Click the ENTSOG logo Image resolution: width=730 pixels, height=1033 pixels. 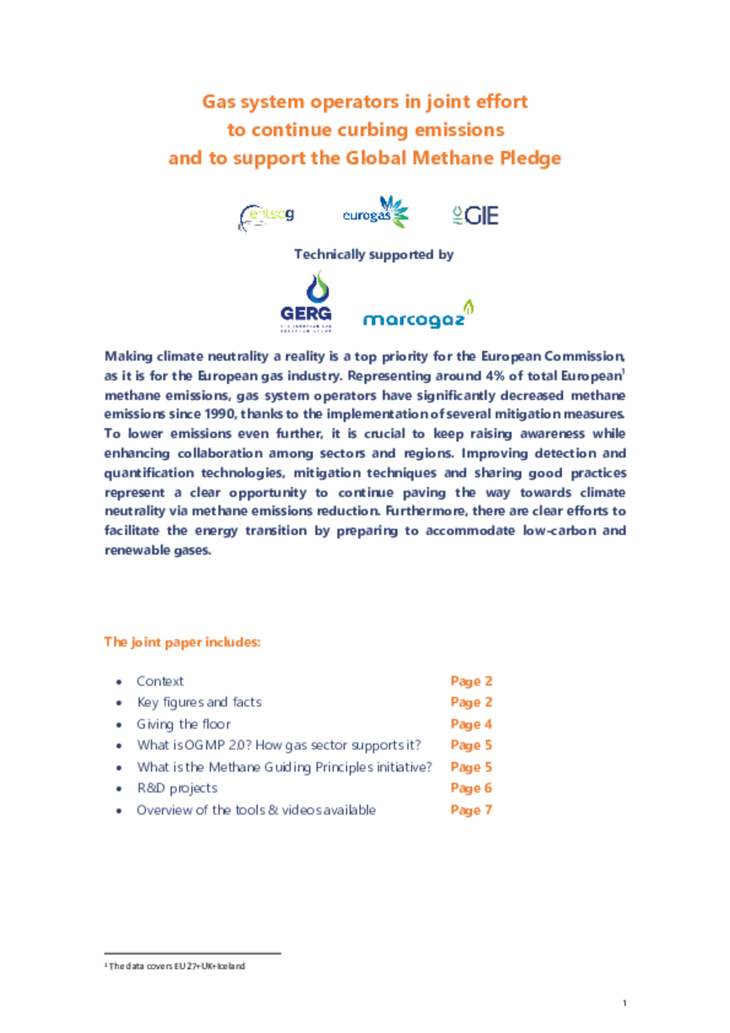266,217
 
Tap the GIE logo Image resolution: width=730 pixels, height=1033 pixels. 475,215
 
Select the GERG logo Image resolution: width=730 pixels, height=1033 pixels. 306,302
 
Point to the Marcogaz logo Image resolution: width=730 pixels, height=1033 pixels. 418,315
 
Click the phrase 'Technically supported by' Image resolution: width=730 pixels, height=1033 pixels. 374,254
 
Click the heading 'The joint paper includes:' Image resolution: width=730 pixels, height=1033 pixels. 182,642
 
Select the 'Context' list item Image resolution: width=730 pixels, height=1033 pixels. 160,681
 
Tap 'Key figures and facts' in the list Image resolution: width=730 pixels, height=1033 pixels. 199,702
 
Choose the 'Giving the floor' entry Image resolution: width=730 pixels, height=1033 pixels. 184,724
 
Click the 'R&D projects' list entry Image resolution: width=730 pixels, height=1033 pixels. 177,788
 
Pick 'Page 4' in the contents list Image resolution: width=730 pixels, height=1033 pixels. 471,724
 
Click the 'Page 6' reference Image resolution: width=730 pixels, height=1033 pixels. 471,788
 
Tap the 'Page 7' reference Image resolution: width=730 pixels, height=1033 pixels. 471,810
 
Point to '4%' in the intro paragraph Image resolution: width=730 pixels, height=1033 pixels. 494,376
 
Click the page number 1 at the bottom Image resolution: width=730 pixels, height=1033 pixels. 624,1003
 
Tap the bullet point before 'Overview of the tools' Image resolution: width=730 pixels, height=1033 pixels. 119,810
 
